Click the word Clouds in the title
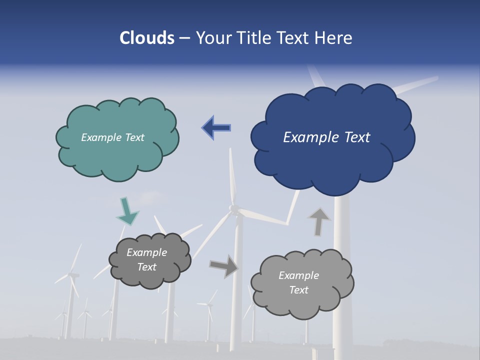[146, 38]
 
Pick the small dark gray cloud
[150, 277]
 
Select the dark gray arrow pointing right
[224, 266]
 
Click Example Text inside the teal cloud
[112, 137]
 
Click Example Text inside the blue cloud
[326, 137]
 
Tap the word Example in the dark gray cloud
[146, 252]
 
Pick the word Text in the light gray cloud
[299, 290]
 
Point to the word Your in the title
[213, 38]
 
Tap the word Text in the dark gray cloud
[146, 267]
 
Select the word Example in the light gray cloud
[298, 275]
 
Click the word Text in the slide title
[295, 38]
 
